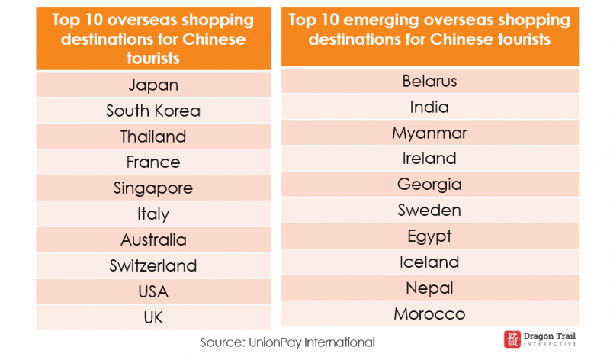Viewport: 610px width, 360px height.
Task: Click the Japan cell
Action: point(153,85)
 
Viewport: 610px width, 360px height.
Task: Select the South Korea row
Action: point(153,111)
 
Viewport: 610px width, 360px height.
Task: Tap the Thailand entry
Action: point(153,137)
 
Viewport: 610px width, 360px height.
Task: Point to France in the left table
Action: point(153,162)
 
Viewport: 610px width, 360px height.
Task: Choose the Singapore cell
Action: point(153,188)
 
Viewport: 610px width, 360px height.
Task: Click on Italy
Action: point(153,214)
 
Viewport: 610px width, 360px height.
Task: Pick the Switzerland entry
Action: point(153,266)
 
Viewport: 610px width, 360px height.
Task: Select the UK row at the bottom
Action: point(153,317)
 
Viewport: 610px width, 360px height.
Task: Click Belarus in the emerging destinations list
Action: point(429,81)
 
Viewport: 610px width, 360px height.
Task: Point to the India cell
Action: point(429,107)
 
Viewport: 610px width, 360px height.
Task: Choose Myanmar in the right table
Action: point(429,133)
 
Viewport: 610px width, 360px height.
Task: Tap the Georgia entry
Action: point(429,185)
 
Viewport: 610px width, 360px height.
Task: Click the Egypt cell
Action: point(429,236)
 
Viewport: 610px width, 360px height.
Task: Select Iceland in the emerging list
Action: point(429,262)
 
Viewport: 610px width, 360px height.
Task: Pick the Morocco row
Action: point(429,313)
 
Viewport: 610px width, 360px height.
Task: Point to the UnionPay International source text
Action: point(287,342)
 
